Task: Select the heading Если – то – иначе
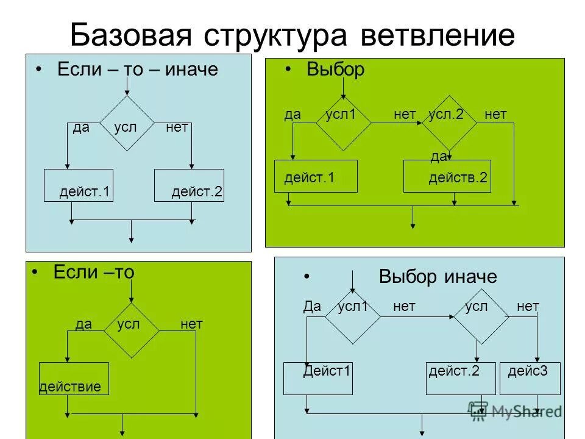pos(137,70)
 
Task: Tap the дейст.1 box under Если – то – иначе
pos(79,185)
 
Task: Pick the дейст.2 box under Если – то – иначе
pos(190,185)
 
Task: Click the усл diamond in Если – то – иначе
pos(127,123)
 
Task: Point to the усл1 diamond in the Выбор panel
pos(343,123)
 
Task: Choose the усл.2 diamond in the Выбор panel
pos(450,123)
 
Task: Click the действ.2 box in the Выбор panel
pos(447,176)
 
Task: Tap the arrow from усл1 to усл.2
pos(396,123)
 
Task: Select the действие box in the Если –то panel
pos(74,379)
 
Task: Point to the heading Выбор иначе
pos(438,277)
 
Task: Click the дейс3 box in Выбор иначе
pos(528,378)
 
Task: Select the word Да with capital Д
pos(312,307)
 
